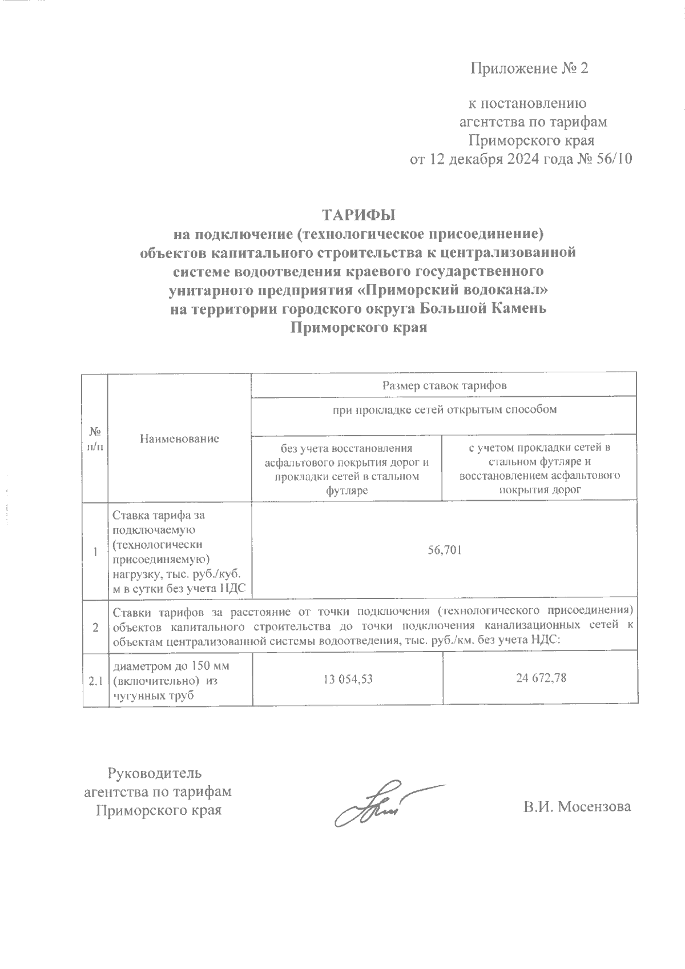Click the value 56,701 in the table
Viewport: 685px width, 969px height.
[x=445, y=550]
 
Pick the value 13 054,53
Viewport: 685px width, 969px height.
[x=348, y=678]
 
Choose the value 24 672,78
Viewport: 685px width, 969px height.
[x=539, y=678]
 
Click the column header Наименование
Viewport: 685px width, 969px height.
[x=179, y=439]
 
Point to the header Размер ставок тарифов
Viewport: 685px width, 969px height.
[x=444, y=385]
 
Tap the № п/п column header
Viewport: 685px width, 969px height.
[x=95, y=439]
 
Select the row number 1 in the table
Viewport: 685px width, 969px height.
[x=96, y=552]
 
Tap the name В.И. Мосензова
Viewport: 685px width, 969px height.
[x=578, y=807]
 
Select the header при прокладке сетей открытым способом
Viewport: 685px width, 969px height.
[x=445, y=409]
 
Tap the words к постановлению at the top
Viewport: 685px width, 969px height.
[x=527, y=104]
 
